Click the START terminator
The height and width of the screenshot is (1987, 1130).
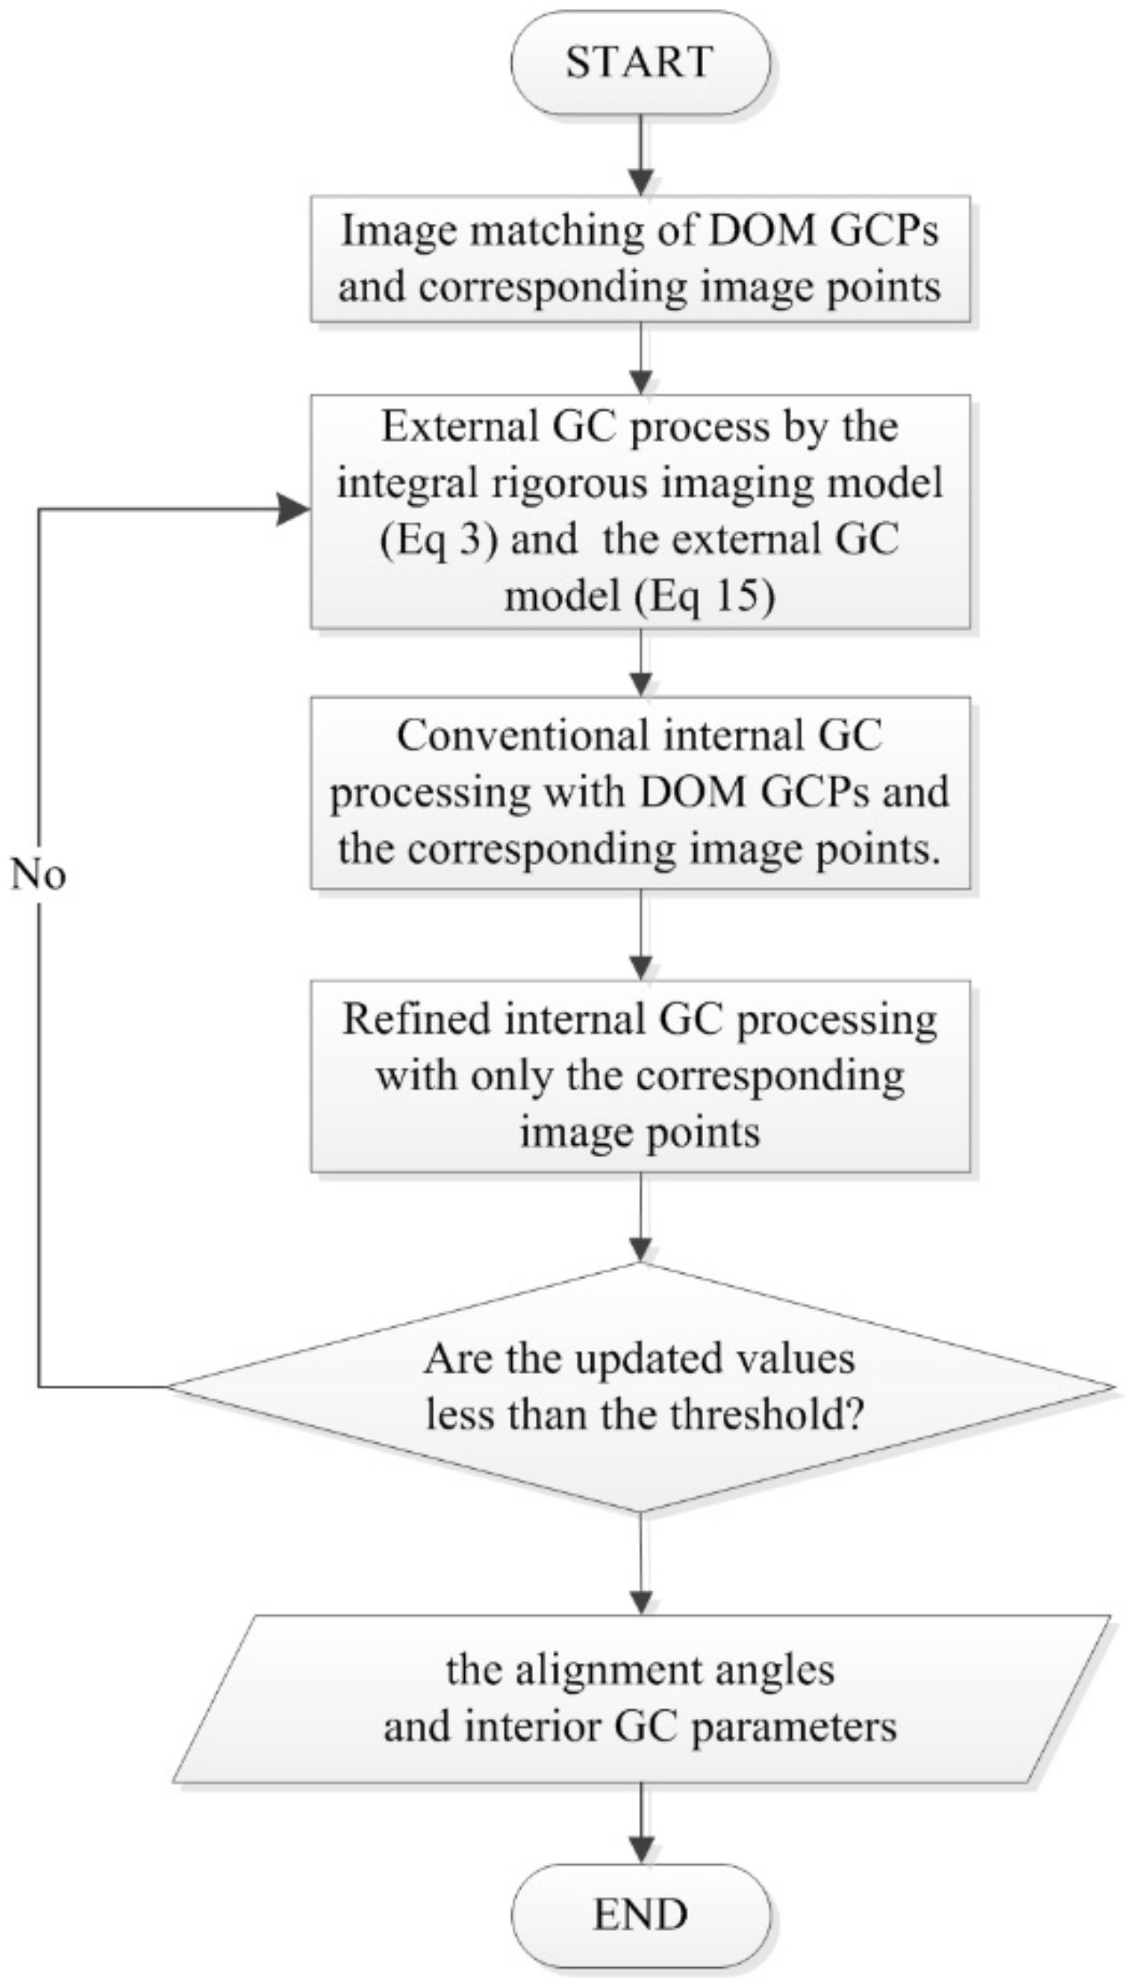(640, 63)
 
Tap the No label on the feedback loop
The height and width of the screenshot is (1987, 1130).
(38, 875)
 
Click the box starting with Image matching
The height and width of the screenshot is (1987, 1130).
(640, 258)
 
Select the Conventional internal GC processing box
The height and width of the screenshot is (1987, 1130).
(640, 793)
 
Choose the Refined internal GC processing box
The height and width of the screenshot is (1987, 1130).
(640, 1076)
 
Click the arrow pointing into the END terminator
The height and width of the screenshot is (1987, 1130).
(641, 1836)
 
